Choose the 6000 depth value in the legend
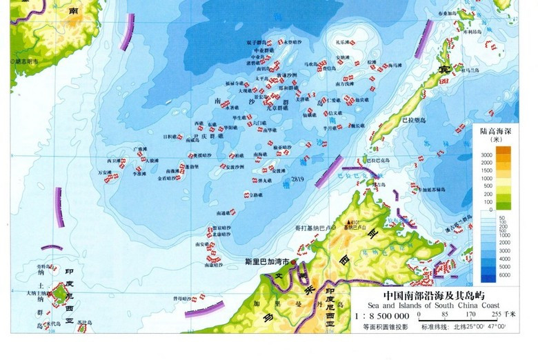coord(486,274)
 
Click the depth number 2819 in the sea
coord(298,179)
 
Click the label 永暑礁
coord(233,108)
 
